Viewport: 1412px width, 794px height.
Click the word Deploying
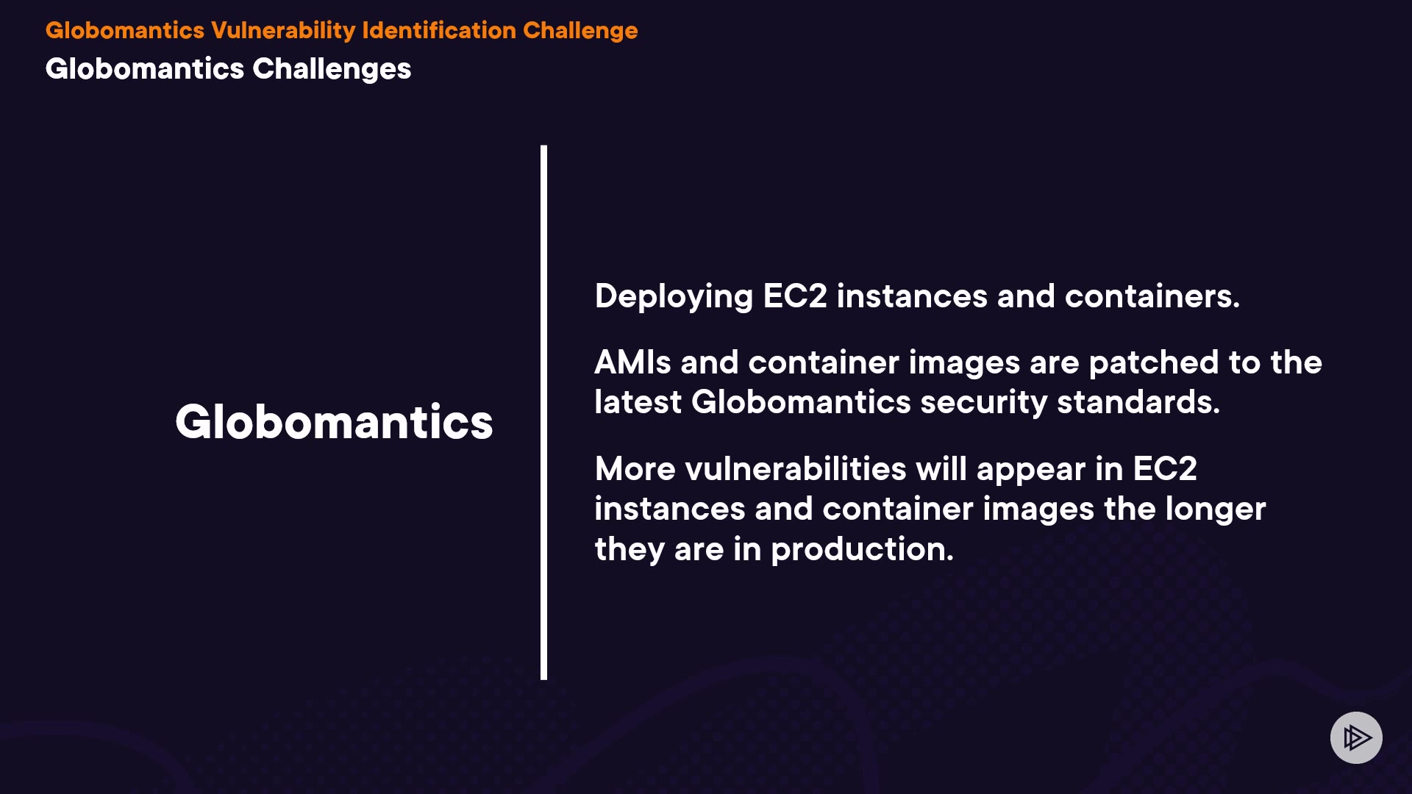pos(674,298)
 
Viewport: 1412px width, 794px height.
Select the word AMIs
pos(632,362)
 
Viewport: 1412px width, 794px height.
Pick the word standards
pos(1138,403)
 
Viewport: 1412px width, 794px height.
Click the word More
pos(635,469)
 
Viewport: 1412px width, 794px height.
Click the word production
pos(862,551)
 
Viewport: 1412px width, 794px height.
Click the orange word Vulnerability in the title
pos(283,32)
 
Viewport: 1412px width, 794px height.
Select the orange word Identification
pos(439,31)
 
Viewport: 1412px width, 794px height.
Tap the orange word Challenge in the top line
pos(580,32)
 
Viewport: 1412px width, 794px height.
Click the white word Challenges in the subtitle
pos(332,70)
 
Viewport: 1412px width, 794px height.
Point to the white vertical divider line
pos(543,412)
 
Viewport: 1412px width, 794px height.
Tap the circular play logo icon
pos(1356,737)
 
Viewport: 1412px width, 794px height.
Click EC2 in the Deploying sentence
pos(795,296)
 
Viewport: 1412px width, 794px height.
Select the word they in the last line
pos(630,551)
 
